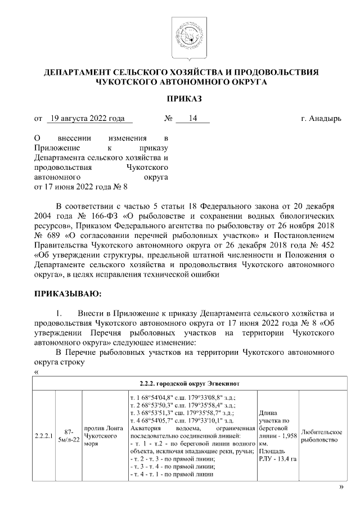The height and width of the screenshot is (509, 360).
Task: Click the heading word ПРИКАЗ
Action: [x=181, y=99]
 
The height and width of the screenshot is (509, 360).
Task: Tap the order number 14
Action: [x=192, y=119]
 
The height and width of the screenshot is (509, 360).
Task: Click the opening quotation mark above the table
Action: [x=37, y=372]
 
